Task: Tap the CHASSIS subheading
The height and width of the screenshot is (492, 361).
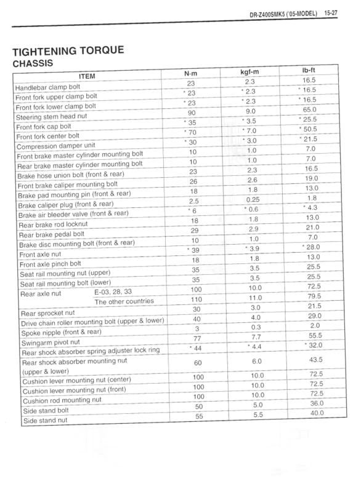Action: (x=37, y=63)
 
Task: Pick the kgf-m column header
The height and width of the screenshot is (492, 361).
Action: (x=249, y=73)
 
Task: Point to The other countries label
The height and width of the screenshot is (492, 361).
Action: (x=124, y=301)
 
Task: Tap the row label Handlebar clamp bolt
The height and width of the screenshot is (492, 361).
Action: (x=51, y=87)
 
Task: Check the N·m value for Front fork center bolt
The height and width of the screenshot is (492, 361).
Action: (x=191, y=132)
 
